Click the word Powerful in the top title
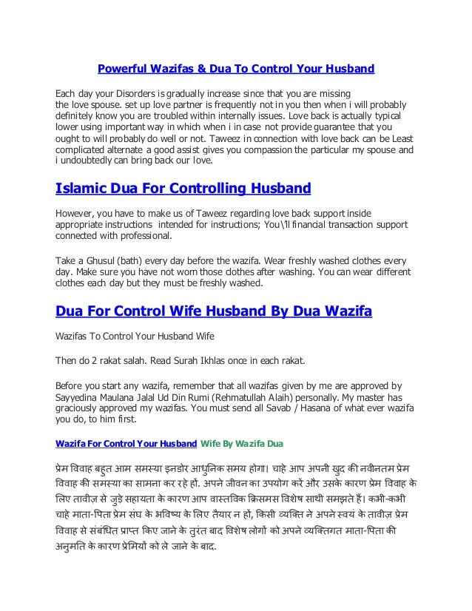122,70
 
